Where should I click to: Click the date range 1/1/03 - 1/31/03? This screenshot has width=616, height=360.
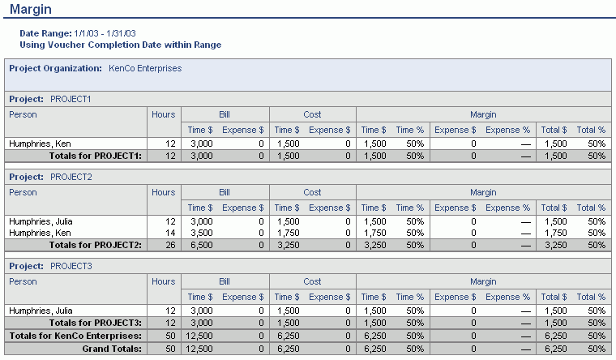pos(105,33)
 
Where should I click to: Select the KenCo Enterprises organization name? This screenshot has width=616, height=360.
pos(145,68)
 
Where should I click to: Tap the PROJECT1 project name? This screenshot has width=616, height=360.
pos(71,99)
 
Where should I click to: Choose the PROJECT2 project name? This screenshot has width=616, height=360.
pos(71,176)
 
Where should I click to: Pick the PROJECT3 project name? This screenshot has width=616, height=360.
pos(71,265)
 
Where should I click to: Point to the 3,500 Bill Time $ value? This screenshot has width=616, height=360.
pos(200,232)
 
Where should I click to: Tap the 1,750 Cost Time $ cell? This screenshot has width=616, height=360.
pos(289,232)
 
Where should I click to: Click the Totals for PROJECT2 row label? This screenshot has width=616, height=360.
pos(96,244)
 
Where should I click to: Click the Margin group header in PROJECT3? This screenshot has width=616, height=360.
pos(483,281)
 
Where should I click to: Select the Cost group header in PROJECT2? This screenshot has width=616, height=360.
pos(313,192)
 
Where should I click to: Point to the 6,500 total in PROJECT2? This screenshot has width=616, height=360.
pos(200,244)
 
